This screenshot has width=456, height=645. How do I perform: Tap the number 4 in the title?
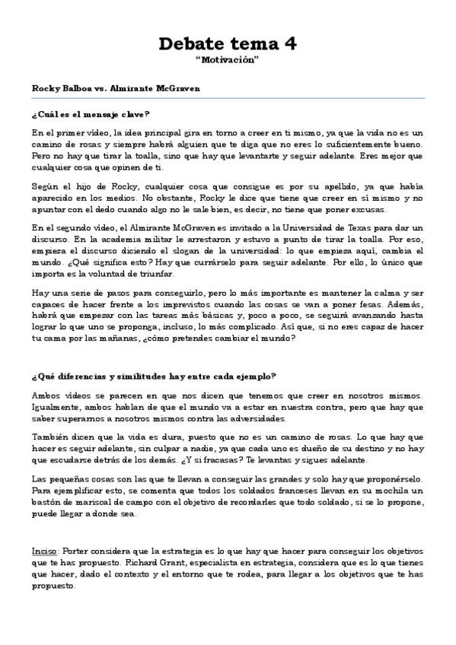[x=290, y=44]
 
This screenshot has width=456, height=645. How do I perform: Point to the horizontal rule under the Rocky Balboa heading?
[x=228, y=97]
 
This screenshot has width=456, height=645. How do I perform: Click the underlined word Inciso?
[x=45, y=549]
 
